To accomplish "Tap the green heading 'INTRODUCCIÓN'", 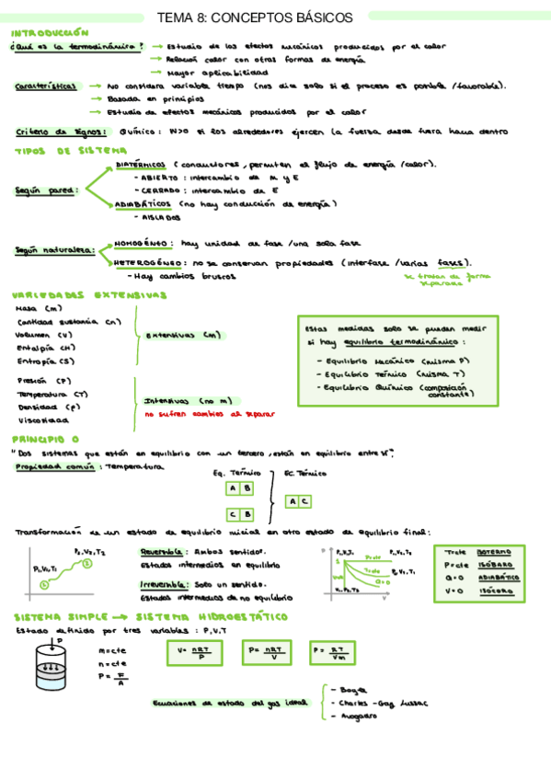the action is click(x=50, y=31).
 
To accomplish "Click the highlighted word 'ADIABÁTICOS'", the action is click(x=143, y=204).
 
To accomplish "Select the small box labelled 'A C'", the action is click(x=298, y=501).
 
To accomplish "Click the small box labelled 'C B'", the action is click(x=240, y=515).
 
